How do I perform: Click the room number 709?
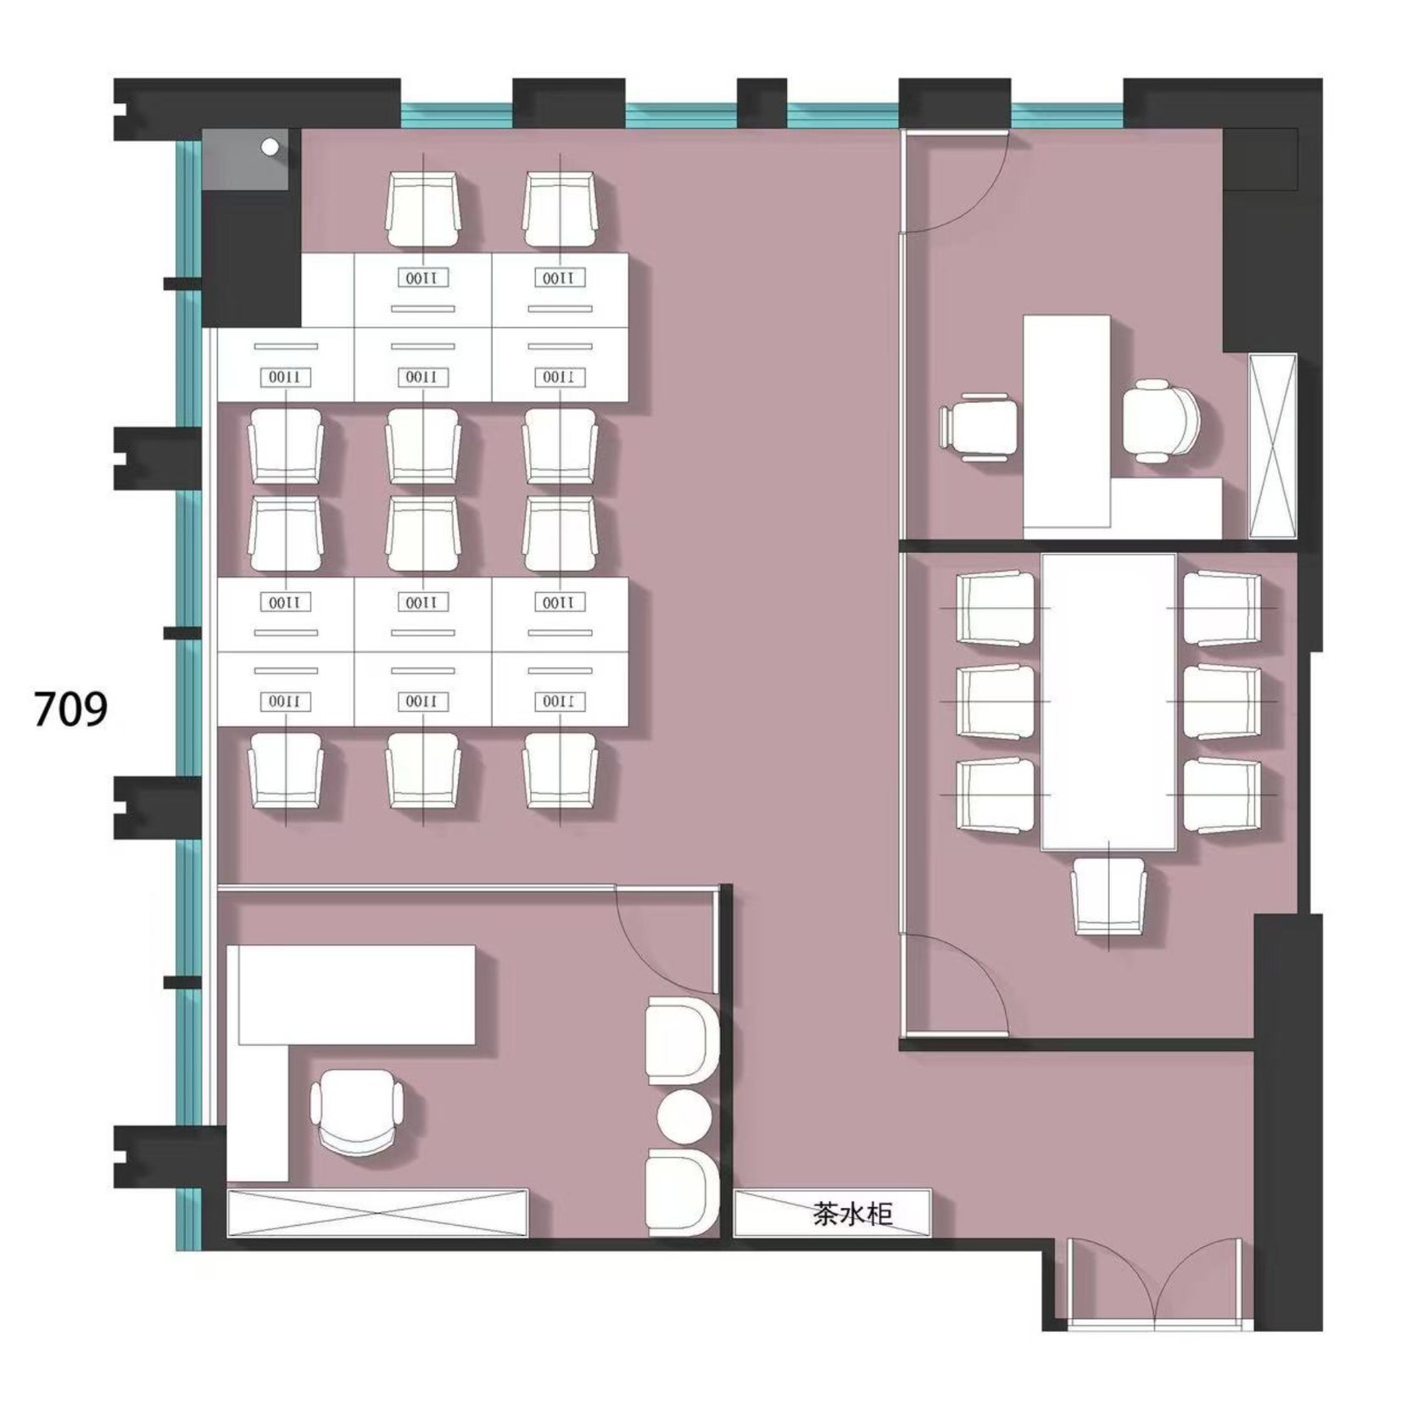click(70, 709)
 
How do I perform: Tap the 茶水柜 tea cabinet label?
click(852, 1214)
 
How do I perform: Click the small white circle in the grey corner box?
click(270, 147)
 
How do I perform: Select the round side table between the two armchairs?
click(684, 1116)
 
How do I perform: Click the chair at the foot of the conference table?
click(1108, 897)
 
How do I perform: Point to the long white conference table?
click(1108, 701)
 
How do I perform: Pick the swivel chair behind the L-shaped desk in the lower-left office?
click(357, 1111)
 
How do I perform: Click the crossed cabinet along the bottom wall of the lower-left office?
click(377, 1213)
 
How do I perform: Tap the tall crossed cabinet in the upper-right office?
click(1273, 445)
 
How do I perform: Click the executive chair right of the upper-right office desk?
click(1162, 421)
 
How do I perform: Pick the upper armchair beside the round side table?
click(682, 1041)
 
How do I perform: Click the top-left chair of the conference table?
click(996, 608)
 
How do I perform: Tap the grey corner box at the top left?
click(246, 159)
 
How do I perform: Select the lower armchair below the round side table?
click(682, 1191)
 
